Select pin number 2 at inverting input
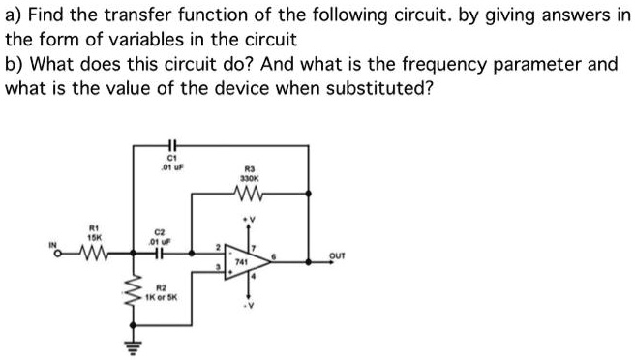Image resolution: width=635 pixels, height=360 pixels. [x=219, y=246]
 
